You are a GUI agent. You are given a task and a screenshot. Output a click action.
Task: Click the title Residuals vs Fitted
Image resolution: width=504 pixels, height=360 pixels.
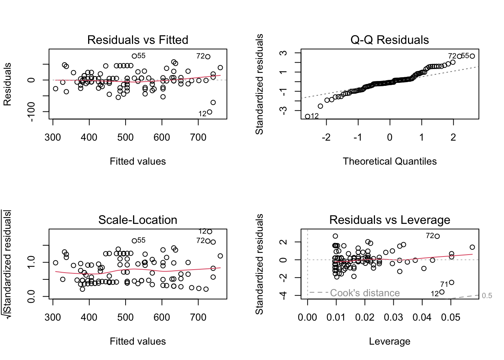[x=138, y=40]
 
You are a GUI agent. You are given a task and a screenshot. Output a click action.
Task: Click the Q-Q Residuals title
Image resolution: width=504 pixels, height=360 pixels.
[x=390, y=40]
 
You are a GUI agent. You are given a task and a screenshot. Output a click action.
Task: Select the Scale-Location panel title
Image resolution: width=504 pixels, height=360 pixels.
[x=138, y=220]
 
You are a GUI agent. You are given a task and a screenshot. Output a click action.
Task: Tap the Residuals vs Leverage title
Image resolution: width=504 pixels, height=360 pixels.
[x=390, y=220]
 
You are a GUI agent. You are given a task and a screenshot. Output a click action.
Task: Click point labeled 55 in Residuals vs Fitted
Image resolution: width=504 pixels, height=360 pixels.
[x=134, y=56]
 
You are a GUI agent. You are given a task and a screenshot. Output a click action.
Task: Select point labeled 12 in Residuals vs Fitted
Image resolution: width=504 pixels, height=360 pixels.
[x=210, y=112]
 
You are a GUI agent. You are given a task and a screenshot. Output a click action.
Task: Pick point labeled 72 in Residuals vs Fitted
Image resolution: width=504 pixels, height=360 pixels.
[x=208, y=57]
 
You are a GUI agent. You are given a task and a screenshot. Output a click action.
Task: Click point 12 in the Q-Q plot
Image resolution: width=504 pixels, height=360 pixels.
[x=307, y=116]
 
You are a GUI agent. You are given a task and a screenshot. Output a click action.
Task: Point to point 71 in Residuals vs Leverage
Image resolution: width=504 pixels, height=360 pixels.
[x=451, y=282]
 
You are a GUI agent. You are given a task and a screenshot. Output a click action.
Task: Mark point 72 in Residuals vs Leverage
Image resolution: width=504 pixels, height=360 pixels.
[x=437, y=236]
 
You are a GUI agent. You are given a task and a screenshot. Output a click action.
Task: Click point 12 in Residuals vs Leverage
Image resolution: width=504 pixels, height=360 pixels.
[x=442, y=292]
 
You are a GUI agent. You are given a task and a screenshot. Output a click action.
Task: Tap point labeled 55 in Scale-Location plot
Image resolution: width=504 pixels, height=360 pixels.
[x=134, y=241]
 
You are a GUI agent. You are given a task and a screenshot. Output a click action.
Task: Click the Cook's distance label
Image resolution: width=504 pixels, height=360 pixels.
[x=364, y=293]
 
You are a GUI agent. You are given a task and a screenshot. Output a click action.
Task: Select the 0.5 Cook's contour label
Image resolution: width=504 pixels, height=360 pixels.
[x=487, y=296]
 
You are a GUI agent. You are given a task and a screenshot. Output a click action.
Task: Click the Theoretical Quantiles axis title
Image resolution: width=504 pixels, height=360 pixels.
[x=390, y=161]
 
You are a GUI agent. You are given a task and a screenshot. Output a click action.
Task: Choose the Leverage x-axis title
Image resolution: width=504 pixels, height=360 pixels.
[x=390, y=341]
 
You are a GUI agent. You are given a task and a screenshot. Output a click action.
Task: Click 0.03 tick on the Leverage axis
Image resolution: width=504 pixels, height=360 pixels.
[x=393, y=318]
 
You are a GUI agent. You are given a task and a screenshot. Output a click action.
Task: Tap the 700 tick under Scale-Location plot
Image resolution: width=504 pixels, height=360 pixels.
[x=198, y=318]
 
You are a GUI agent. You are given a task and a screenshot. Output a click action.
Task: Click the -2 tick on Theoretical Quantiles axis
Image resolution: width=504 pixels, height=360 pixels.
[x=326, y=138]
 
